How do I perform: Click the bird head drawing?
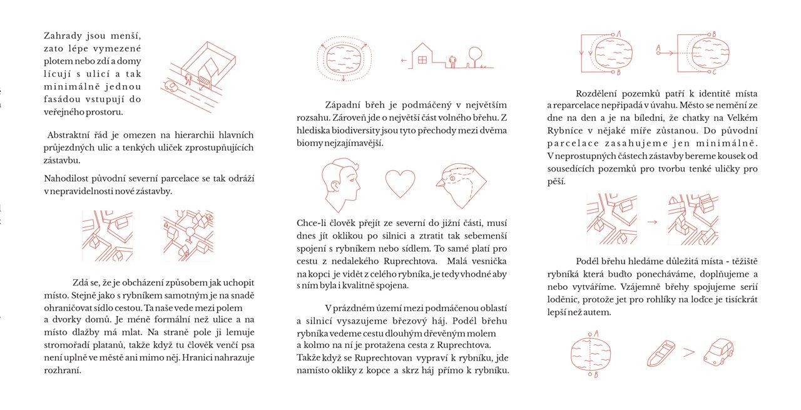[462, 187]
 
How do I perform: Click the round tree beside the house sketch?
[475, 54]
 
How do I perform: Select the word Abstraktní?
[68, 135]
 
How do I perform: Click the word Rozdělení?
[598, 94]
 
